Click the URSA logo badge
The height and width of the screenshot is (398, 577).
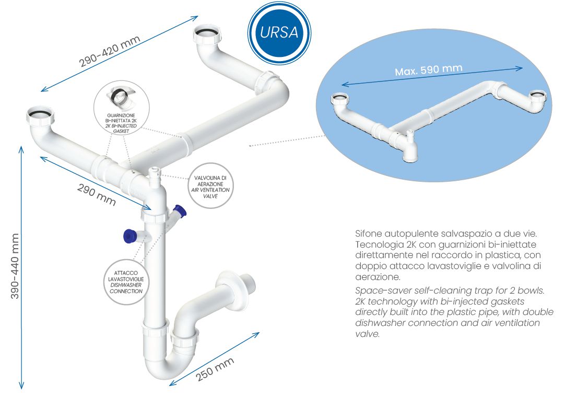[279, 32]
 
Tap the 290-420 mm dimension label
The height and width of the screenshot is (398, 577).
[109, 51]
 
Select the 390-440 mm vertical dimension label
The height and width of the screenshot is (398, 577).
[14, 266]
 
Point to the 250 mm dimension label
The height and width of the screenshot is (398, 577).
[215, 369]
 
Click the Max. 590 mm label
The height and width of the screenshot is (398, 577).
[428, 69]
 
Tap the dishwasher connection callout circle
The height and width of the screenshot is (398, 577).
[126, 282]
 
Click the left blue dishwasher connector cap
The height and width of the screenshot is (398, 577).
[129, 236]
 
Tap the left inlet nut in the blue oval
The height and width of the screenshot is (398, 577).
[339, 99]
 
